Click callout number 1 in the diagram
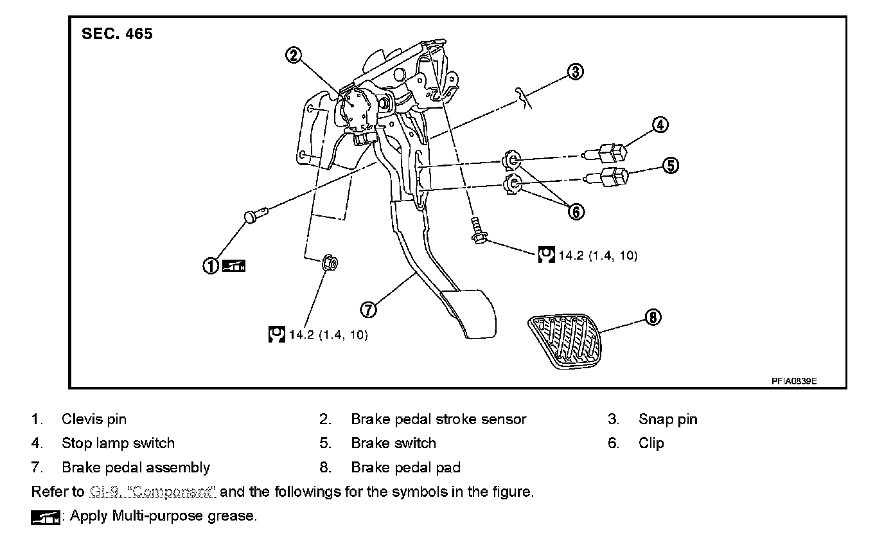tap(211, 265)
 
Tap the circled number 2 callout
tap(294, 55)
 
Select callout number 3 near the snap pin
tap(576, 71)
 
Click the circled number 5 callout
tap(670, 166)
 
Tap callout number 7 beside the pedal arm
tap(368, 309)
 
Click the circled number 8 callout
tap(653, 317)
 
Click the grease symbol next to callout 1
tap(234, 265)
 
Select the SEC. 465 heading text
tap(118, 34)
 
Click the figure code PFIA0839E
tap(794, 380)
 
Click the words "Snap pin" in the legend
tap(667, 420)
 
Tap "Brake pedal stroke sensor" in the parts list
tap(438, 420)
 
